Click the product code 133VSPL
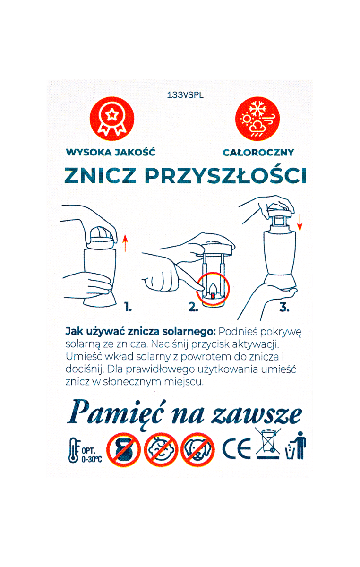click(185, 95)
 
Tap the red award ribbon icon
click(112, 119)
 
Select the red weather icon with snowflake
click(257, 119)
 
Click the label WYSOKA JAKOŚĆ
click(111, 152)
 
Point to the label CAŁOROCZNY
click(258, 152)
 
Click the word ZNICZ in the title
click(101, 175)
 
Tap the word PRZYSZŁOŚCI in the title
click(225, 175)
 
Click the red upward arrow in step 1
click(125, 243)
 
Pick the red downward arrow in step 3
click(300, 223)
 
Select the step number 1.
click(128, 307)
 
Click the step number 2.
click(193, 307)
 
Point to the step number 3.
click(284, 307)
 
